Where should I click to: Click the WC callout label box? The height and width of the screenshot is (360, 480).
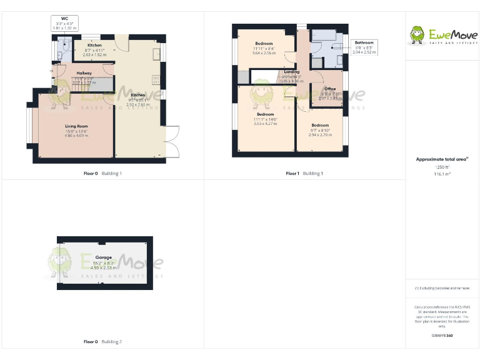(x=64, y=24)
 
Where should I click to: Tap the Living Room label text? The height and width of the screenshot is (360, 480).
(x=76, y=127)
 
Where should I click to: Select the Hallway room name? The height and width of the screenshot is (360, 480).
(x=84, y=73)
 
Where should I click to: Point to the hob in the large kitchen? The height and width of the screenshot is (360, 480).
(x=156, y=80)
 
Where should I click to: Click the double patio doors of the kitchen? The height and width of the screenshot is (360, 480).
(x=173, y=141)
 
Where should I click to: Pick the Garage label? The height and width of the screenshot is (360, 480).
(x=103, y=257)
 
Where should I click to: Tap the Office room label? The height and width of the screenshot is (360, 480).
(x=330, y=89)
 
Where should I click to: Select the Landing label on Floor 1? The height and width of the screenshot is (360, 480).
(x=291, y=72)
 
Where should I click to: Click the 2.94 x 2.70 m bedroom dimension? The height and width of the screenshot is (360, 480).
(x=320, y=134)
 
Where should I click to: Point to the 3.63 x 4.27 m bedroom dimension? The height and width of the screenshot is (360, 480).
(x=266, y=124)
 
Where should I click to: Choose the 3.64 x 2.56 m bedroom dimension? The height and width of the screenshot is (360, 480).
(x=263, y=53)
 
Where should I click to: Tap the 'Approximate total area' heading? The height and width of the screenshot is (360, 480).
(x=442, y=159)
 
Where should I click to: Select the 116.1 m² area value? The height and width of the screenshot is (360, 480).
(x=442, y=174)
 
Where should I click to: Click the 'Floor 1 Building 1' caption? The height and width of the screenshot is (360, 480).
(x=304, y=173)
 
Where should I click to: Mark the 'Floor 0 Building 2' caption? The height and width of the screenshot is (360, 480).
(x=103, y=342)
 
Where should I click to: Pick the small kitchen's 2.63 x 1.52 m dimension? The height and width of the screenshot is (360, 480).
(x=94, y=54)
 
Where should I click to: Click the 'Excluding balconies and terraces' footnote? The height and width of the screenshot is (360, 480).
(x=442, y=288)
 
